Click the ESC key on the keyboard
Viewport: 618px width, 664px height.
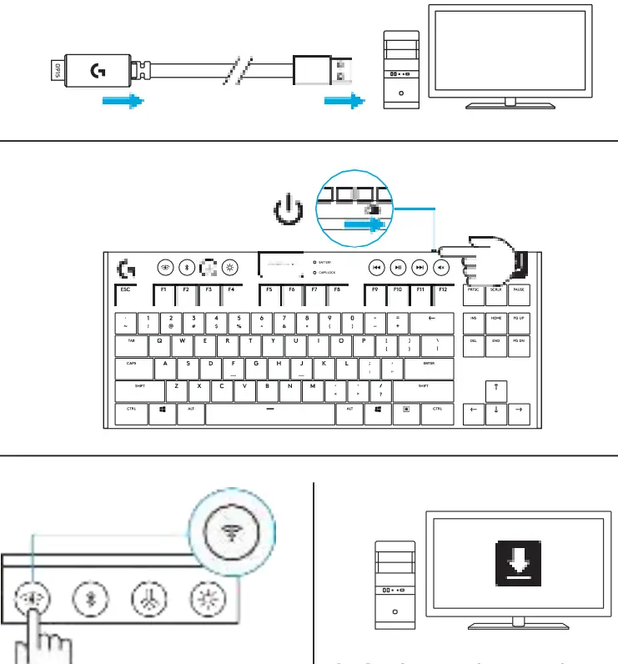point(128,294)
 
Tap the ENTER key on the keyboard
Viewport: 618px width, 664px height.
point(430,368)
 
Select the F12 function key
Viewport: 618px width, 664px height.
point(442,294)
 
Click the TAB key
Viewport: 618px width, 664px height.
point(131,345)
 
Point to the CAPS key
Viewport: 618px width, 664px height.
point(132,368)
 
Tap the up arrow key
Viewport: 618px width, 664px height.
point(495,390)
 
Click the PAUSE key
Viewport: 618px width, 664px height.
point(519,294)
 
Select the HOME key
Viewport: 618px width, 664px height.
point(495,322)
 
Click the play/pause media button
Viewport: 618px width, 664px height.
point(399,267)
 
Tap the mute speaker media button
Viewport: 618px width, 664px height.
point(442,267)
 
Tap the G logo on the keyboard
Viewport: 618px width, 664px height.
point(127,269)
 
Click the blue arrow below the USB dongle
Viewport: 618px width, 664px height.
point(123,102)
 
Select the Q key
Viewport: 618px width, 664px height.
point(159,345)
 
